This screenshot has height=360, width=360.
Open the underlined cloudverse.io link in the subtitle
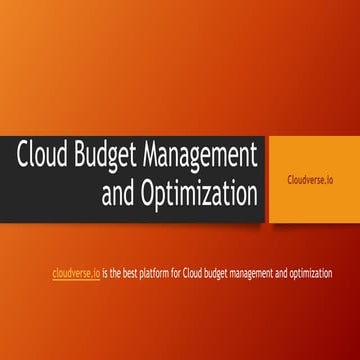(76, 273)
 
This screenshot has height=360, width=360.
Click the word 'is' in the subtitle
(106, 273)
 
